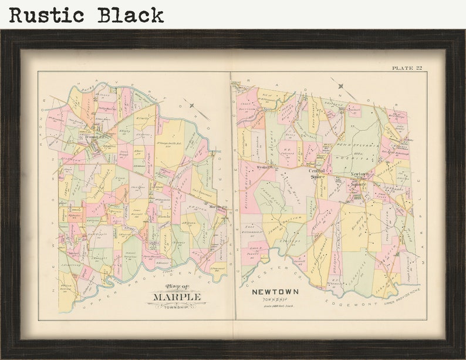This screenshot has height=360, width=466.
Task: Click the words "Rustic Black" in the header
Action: pyautogui.click(x=86, y=15)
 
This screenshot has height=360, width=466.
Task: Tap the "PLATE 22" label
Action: pyautogui.click(x=407, y=68)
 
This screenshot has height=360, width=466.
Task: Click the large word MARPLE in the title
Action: pyautogui.click(x=177, y=297)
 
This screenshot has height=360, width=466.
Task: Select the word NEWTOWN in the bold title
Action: pyautogui.click(x=275, y=292)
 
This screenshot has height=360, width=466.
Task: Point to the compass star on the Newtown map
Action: pyautogui.click(x=340, y=86)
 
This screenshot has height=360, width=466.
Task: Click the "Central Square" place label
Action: pyautogui.click(x=318, y=174)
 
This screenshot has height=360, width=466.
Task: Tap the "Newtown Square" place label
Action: pyautogui.click(x=359, y=179)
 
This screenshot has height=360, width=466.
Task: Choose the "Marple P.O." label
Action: pyautogui.click(x=218, y=207)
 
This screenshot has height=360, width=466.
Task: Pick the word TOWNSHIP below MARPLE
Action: pyautogui.click(x=177, y=306)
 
